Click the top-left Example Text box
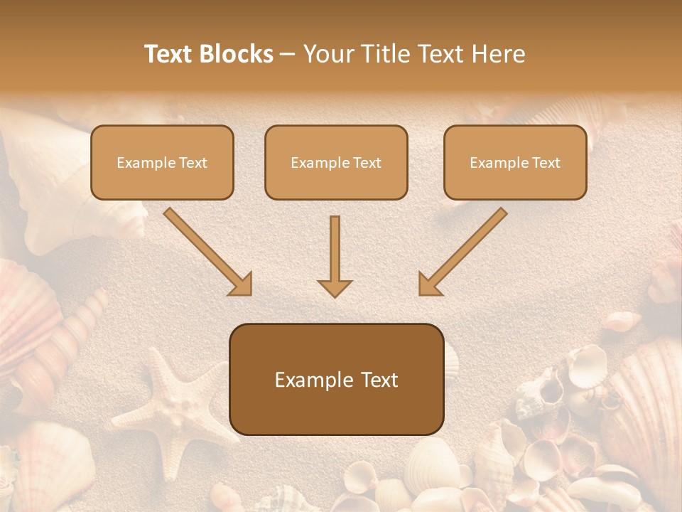pyautogui.click(x=162, y=162)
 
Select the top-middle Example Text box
pyautogui.click(x=336, y=162)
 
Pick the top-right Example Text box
pyautogui.click(x=515, y=162)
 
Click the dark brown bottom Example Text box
pyautogui.click(x=336, y=379)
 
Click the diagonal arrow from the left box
pyautogui.click(x=208, y=252)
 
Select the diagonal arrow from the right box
pyautogui.click(x=462, y=252)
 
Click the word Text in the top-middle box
pyautogui.click(x=367, y=162)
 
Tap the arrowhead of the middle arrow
pyautogui.click(x=335, y=287)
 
